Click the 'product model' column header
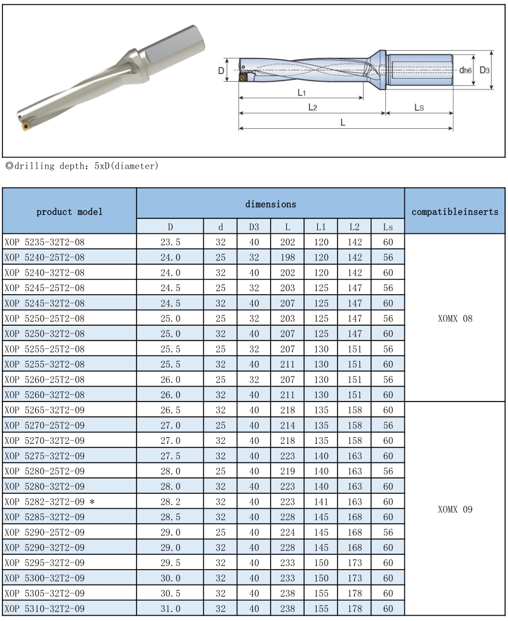tap(70, 211)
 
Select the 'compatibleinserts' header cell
tap(456, 211)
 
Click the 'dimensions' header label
tap(270, 203)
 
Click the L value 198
tap(288, 257)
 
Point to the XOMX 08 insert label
tap(456, 318)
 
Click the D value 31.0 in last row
tap(170, 607)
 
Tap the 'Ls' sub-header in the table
tap(388, 227)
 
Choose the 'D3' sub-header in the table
tap(246, 227)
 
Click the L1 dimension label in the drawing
tap(301, 93)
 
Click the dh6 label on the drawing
tap(465, 70)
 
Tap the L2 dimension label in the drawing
tap(312, 107)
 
